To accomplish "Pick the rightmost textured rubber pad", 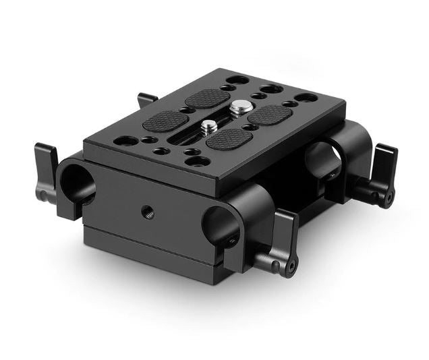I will [273, 115].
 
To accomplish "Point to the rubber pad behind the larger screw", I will [208, 98].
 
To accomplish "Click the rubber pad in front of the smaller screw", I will [229, 140].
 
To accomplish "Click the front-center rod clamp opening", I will [217, 227].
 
